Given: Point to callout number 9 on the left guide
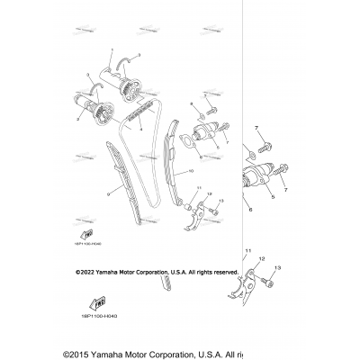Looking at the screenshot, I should pos(109,192).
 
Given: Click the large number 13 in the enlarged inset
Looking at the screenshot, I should pos(303,268).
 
